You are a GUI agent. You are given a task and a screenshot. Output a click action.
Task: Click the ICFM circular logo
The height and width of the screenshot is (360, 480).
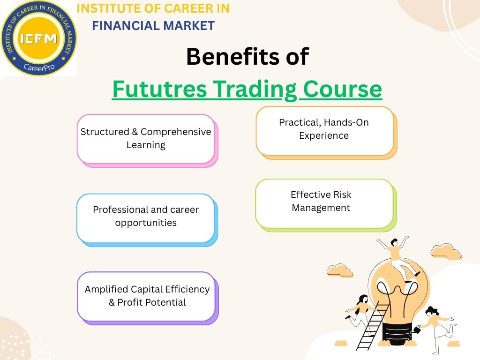(38, 37)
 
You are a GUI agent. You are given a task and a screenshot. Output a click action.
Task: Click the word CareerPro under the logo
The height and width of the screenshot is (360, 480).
(38, 67)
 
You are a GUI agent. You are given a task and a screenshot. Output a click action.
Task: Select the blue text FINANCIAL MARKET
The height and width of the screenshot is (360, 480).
(153, 26)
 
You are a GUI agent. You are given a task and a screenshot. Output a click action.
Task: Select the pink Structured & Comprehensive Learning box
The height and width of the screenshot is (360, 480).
(146, 139)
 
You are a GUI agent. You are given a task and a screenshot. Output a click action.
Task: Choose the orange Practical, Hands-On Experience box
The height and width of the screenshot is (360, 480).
(324, 130)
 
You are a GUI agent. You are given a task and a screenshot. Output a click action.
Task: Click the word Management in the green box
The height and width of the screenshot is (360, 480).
(321, 208)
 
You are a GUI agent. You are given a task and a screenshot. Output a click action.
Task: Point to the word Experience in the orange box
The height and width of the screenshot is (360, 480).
(324, 136)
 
